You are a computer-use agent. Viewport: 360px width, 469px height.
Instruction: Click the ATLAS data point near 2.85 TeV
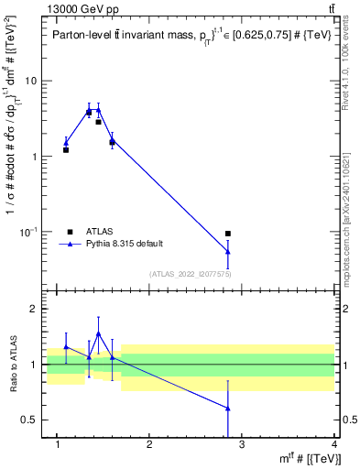(x=228, y=234)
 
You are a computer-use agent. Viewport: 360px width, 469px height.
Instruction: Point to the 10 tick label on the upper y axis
(x=30, y=81)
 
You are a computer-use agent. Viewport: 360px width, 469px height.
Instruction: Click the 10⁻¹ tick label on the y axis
(x=28, y=232)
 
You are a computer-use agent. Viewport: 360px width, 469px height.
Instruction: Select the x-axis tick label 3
(x=242, y=444)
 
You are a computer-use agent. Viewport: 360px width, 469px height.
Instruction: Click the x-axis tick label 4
(x=334, y=444)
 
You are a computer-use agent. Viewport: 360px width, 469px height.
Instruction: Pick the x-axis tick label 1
(x=58, y=444)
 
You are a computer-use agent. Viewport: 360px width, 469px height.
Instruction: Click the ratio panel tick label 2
(x=33, y=310)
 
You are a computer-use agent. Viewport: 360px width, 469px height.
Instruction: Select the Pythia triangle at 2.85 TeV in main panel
(x=228, y=251)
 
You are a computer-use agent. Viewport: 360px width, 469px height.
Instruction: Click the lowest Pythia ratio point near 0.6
(x=228, y=409)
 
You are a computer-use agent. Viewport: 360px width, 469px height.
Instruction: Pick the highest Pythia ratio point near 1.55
(x=98, y=333)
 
